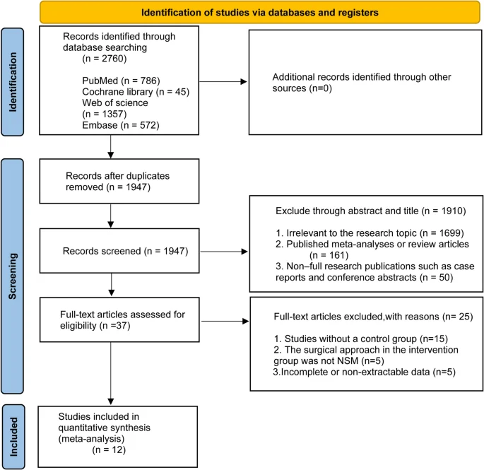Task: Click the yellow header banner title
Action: point(259,13)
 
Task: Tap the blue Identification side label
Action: point(13,82)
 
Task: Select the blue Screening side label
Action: point(13,276)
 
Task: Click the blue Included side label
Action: point(13,437)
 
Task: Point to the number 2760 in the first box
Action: point(113,59)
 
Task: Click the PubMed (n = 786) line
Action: point(121,81)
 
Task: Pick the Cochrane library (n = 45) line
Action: point(136,92)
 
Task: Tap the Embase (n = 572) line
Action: point(121,125)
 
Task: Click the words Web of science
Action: point(115,102)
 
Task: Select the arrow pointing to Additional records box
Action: point(223,81)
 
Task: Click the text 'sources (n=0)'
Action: point(302,88)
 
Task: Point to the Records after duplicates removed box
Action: point(119,181)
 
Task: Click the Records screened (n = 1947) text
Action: point(125,251)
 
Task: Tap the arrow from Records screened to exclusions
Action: point(224,252)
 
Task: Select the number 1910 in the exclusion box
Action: point(452,211)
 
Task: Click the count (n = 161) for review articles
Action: point(329,255)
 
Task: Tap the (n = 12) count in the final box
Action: point(109,450)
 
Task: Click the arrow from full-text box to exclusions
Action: point(225,321)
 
